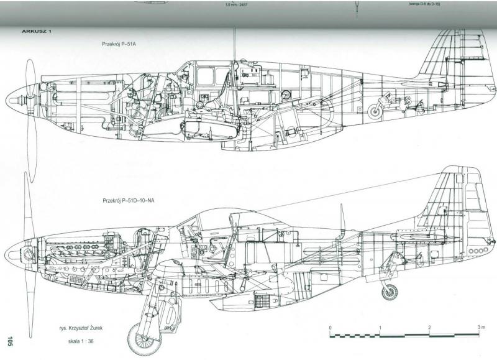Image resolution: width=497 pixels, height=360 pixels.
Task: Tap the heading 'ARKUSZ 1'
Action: (x=36, y=30)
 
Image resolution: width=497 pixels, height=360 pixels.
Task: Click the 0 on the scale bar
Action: (x=331, y=327)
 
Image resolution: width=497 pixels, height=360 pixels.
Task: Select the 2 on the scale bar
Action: (x=430, y=327)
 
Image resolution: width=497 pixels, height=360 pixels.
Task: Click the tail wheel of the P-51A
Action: (x=375, y=112)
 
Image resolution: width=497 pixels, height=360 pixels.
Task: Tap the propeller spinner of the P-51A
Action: (x=19, y=98)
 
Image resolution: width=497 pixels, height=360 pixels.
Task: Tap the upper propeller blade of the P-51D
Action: (x=28, y=205)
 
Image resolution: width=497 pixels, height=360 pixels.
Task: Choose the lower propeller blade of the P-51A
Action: (x=31, y=146)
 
